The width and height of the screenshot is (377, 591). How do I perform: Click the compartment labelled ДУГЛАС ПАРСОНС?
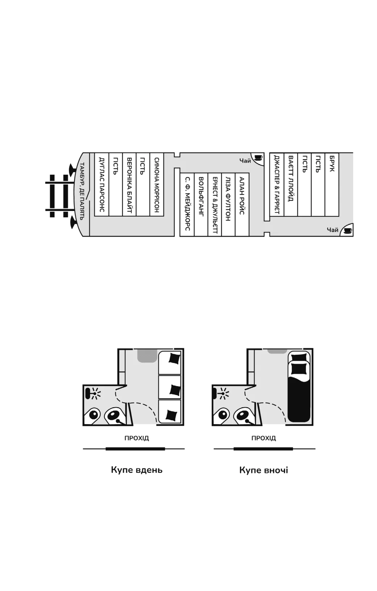click(101, 184)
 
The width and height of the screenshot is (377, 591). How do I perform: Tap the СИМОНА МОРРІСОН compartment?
click(157, 184)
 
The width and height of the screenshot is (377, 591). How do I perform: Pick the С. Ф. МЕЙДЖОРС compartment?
click(187, 204)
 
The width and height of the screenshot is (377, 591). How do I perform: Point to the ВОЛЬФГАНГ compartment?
click(201, 204)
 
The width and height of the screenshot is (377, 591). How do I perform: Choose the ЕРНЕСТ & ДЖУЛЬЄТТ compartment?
click(215, 204)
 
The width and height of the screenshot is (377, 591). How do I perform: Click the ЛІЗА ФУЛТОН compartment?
click(228, 204)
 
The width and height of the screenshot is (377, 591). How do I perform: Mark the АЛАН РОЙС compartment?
click(242, 204)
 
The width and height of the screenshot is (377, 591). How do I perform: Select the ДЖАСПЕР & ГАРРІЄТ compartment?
click(277, 184)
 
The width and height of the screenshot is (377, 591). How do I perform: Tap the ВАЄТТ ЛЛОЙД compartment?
click(290, 184)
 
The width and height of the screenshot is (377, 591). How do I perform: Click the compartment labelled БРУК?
click(332, 184)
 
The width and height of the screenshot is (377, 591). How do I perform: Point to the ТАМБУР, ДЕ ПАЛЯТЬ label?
click(82, 191)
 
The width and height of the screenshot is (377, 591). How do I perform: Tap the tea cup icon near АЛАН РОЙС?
click(258, 158)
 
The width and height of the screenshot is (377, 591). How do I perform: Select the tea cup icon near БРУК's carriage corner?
click(348, 230)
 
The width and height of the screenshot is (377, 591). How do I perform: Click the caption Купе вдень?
click(137, 470)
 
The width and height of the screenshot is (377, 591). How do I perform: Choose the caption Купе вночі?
click(264, 470)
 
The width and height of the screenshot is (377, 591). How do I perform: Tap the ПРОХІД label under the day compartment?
click(137, 438)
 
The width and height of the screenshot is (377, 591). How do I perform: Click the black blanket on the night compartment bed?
click(299, 398)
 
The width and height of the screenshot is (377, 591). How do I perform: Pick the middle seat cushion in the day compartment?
click(175, 389)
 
